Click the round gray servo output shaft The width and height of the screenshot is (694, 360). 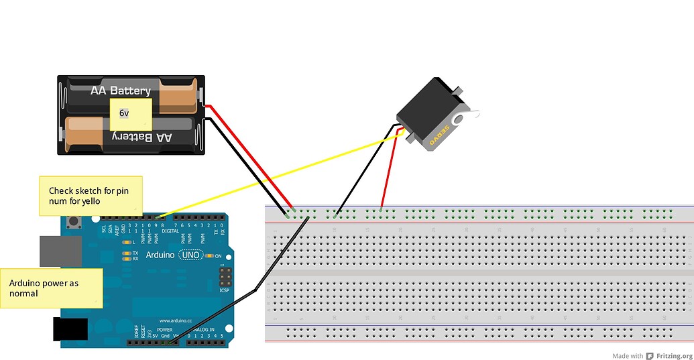[459, 119]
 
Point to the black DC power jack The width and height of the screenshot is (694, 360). [70, 328]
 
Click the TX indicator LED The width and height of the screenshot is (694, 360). [126, 253]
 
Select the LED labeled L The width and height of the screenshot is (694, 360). [126, 241]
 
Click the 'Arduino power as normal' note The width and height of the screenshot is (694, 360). [52, 288]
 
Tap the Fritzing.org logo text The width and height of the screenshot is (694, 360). [674, 356]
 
